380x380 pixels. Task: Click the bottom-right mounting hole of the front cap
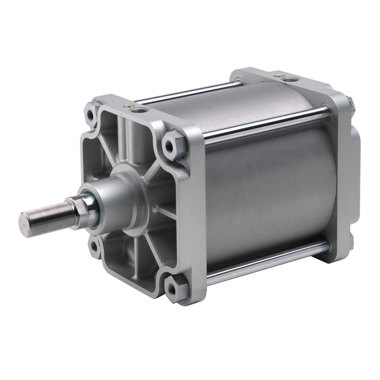click(x=174, y=286)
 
